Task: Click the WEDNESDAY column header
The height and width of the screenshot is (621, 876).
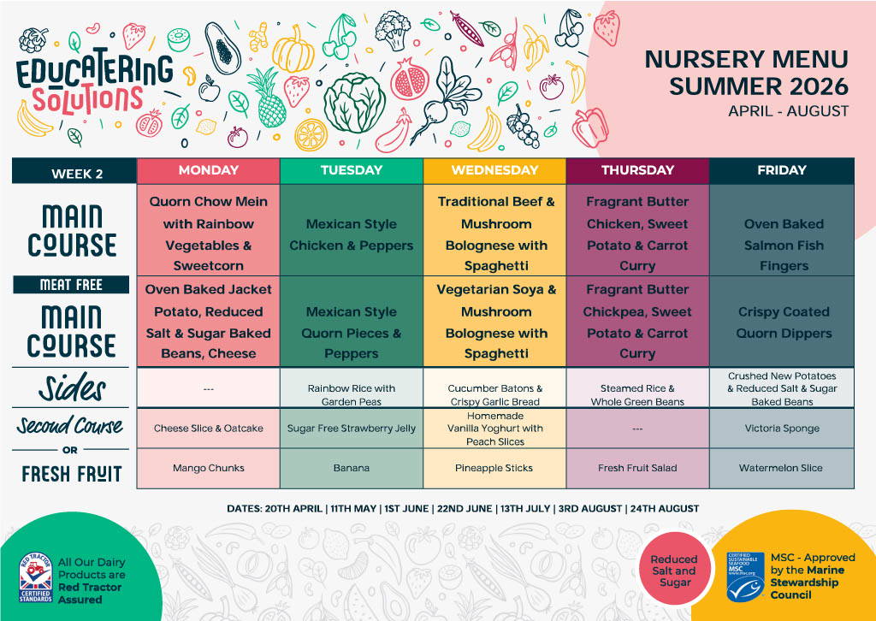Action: (494, 170)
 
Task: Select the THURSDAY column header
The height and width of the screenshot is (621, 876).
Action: (637, 170)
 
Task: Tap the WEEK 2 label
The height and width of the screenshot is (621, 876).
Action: (77, 174)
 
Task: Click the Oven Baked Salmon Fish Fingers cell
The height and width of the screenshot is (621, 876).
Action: (783, 245)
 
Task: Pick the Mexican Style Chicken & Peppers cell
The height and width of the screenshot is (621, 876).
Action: (351, 234)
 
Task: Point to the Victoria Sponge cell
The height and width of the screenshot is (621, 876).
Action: (783, 429)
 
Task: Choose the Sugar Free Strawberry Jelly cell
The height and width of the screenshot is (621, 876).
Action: (351, 429)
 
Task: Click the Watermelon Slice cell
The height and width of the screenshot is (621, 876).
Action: (783, 468)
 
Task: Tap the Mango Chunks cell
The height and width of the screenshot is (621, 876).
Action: (208, 468)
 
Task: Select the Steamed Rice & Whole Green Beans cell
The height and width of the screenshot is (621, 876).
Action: (637, 394)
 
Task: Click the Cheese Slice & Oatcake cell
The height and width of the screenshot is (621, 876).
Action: (208, 429)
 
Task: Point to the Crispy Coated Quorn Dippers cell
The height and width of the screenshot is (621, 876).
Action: (783, 322)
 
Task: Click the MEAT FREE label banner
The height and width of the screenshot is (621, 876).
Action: (71, 285)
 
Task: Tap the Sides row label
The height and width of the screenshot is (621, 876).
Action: (72, 389)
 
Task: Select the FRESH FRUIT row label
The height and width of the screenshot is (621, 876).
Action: (72, 473)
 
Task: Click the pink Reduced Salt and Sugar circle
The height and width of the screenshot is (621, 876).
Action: (675, 571)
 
